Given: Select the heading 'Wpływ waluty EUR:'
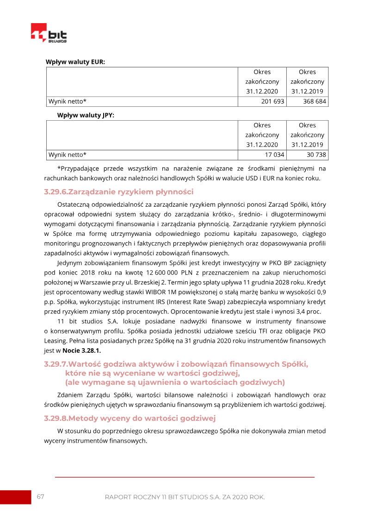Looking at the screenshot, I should coord(75,62).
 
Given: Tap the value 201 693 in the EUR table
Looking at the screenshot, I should coord(272,101).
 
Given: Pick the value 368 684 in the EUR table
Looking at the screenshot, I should coord(314,101).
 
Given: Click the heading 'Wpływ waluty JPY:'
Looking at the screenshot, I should coord(86,115).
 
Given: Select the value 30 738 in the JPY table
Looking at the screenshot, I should coord(316,154).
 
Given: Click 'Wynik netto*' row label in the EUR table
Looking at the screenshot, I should coord(68,101).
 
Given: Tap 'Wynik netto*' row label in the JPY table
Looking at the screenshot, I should coord(68,154).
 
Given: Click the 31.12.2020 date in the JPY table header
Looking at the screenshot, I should coord(262,144).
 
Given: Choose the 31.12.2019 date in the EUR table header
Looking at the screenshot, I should coord(307,91).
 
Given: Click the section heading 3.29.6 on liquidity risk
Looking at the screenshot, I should coord(118,191).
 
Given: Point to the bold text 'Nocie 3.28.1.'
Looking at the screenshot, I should coord(81,351).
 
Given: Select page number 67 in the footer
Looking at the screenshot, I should coord(40,497).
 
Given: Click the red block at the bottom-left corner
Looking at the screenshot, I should coord(15,497).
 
